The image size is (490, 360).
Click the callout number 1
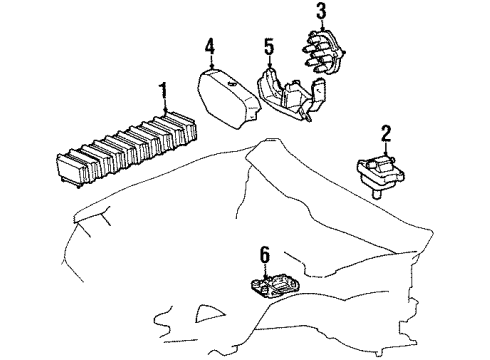click(163, 89)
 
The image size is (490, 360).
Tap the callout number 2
click(385, 133)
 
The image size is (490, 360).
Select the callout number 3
click(321, 11)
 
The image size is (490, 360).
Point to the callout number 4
click(210, 46)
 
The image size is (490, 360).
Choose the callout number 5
click(269, 47)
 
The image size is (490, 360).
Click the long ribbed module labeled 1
click(127, 149)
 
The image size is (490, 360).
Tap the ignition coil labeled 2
click(381, 175)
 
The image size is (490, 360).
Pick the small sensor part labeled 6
click(275, 286)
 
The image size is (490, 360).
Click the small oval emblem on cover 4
click(232, 84)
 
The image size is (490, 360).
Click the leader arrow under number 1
click(165, 105)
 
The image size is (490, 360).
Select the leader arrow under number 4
click(211, 62)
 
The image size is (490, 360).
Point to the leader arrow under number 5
click(270, 62)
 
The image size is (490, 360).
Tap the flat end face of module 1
click(70, 169)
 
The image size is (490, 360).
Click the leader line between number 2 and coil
click(386, 148)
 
